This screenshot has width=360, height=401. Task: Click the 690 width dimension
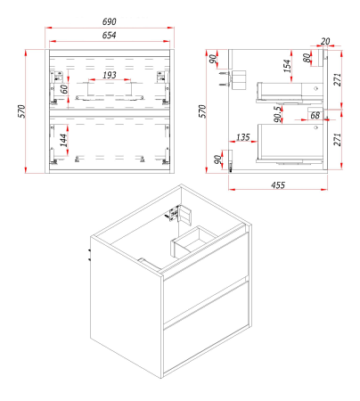110,21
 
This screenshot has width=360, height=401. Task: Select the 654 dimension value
109,36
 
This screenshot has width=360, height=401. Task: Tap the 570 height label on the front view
22,111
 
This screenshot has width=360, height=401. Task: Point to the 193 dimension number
110,75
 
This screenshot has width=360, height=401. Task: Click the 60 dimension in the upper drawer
64,89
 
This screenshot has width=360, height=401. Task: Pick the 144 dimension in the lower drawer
63,140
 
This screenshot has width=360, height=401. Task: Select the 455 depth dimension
278,185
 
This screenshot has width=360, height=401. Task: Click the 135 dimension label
243,137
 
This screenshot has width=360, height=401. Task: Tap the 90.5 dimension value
278,114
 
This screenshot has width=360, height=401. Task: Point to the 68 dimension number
315,115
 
